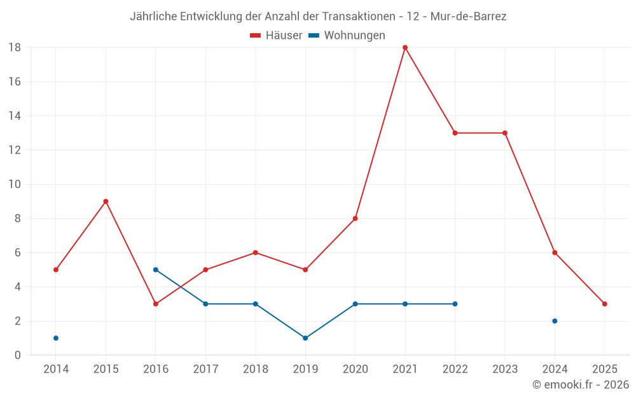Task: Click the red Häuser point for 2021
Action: point(405,48)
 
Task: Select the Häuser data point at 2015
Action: point(106,201)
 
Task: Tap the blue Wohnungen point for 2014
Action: point(56,338)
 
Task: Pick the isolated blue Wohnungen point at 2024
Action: point(555,321)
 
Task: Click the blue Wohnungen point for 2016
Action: point(156,270)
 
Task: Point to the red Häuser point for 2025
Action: point(605,304)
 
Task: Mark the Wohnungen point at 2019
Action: point(305,338)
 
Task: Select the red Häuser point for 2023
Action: point(505,133)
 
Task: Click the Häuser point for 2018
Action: point(256,253)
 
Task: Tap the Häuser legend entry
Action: point(276,36)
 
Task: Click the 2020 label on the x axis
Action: point(355,369)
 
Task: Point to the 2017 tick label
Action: point(205,369)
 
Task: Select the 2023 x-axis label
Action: point(505,369)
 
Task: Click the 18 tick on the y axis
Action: point(15,48)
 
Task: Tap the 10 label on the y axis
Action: point(15,185)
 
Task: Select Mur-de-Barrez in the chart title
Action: point(469,17)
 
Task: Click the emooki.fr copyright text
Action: point(581,385)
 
